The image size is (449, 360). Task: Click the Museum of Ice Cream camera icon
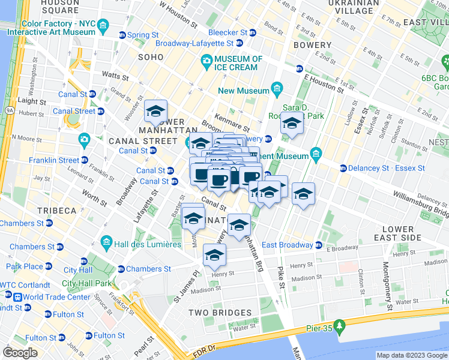(x=206, y=60)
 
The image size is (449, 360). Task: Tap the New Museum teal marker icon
(x=277, y=90)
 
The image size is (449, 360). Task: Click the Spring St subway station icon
(x=122, y=35)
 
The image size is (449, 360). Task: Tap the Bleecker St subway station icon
(x=254, y=32)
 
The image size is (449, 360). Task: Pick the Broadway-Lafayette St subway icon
(x=240, y=43)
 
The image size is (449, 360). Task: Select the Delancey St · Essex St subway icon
(x=343, y=168)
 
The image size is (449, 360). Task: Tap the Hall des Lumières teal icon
(x=106, y=244)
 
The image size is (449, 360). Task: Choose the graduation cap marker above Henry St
(x=214, y=255)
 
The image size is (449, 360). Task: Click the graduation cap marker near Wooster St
(x=155, y=111)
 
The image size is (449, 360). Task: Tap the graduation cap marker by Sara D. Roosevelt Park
(x=292, y=123)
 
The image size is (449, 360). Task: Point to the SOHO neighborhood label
(x=151, y=57)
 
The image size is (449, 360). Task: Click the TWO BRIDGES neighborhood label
(x=220, y=313)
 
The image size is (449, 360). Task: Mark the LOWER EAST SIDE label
(x=398, y=233)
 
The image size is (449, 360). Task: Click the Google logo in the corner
(x=20, y=353)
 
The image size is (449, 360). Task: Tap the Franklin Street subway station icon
(x=84, y=160)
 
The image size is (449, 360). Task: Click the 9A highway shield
(x=10, y=110)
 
